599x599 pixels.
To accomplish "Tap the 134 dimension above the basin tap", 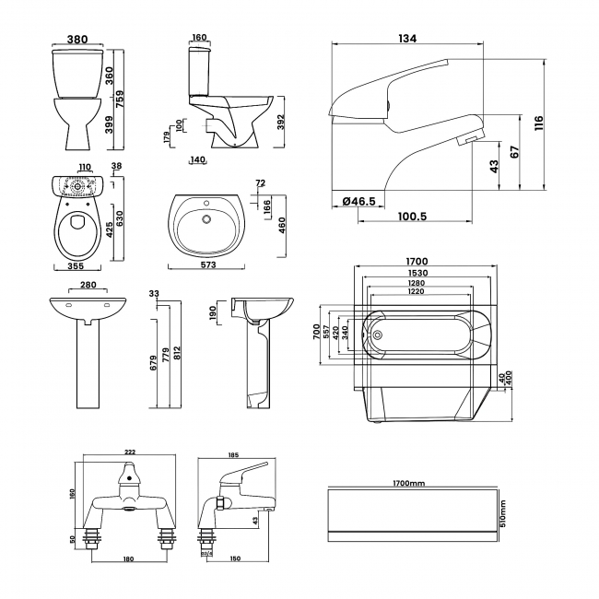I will point(406,38).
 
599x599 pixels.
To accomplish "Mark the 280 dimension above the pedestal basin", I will point(89,285).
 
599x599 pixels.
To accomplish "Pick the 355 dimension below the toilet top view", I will point(76,266).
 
